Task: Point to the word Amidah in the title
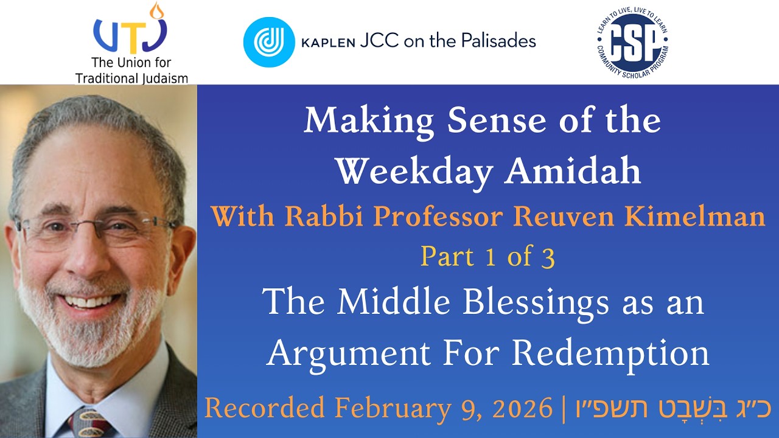tap(572, 172)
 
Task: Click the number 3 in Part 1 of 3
tap(547, 258)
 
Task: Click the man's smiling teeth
tap(92, 300)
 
